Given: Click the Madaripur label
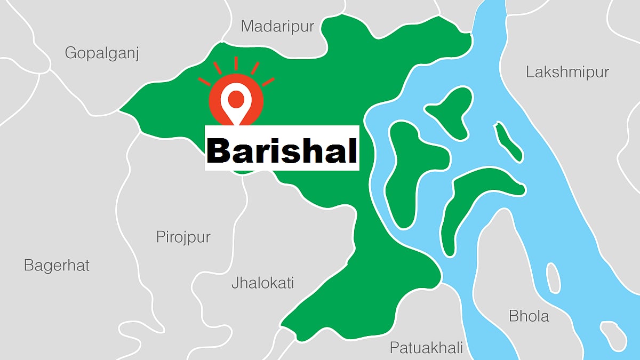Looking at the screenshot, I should (277, 26).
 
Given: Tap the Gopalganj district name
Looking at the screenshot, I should (102, 53).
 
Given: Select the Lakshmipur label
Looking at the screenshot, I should (567, 72).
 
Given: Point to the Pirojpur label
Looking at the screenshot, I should (183, 237).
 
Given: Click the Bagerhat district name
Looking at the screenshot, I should (57, 265).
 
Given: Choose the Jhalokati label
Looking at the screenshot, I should (262, 283).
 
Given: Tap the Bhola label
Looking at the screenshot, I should (529, 316).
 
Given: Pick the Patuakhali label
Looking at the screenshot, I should (426, 348).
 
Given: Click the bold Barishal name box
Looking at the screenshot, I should (282, 148).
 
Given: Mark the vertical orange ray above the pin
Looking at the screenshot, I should (236, 64).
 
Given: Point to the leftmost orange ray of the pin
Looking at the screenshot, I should (205, 82).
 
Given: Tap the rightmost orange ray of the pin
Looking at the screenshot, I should (268, 82).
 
